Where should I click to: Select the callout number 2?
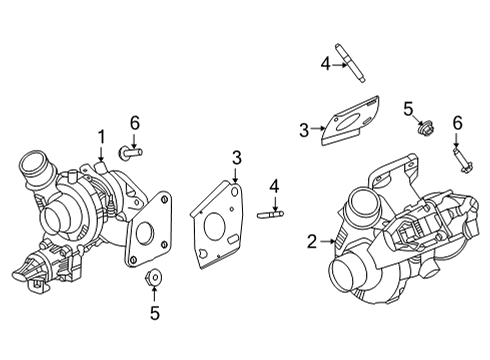(x=312, y=240)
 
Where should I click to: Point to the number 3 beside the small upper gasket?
(x=304, y=129)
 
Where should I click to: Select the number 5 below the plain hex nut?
(x=154, y=313)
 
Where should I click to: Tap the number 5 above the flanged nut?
(x=407, y=107)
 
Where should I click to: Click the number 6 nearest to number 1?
(x=133, y=122)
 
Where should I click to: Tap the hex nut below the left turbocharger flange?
(x=154, y=279)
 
